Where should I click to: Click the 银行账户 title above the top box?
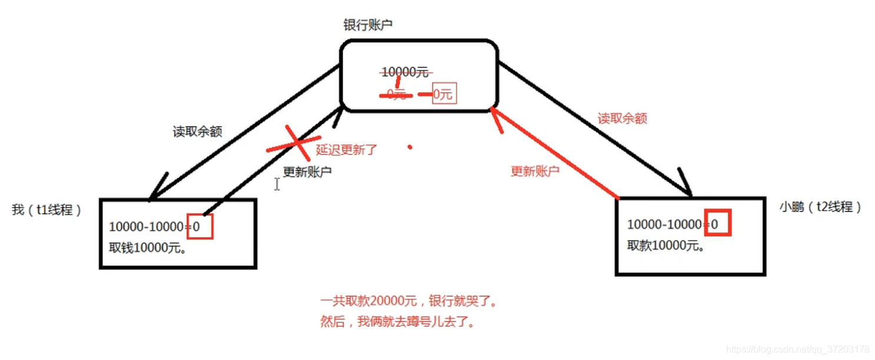pos(368,25)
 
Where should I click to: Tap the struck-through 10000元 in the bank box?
pos(405,72)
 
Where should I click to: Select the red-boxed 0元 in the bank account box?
pos(444,94)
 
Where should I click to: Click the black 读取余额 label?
pos(197,132)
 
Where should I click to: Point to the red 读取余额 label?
pos(622,118)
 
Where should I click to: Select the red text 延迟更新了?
pos(347,149)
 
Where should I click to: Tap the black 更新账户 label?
pos(307,172)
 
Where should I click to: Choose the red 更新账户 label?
pos(535,171)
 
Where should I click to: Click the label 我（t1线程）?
pos(46,210)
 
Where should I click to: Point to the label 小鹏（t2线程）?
pos(820,207)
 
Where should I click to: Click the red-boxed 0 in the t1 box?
pos(199,226)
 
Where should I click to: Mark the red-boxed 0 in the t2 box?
pos(717,224)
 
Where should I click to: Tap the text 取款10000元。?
pos(666,245)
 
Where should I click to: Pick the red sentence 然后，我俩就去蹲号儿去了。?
pos(397,323)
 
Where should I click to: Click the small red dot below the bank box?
pos(410,146)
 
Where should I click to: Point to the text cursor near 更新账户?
pos(277,184)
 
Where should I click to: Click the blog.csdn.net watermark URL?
pos(797,349)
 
